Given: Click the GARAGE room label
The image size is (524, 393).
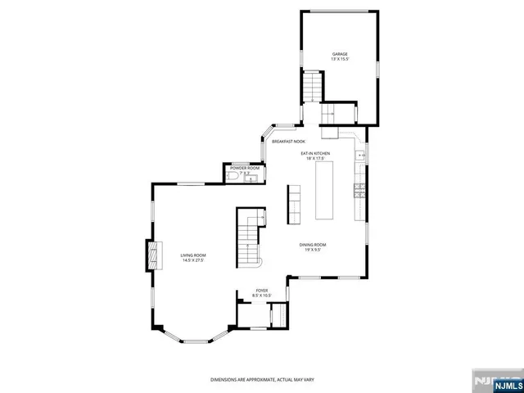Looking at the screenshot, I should click(x=339, y=53).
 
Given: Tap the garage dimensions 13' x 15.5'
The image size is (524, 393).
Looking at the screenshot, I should click(x=339, y=59).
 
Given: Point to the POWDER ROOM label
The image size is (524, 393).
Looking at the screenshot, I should click(x=244, y=167).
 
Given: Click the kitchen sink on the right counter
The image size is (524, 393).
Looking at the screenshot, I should click(x=360, y=154).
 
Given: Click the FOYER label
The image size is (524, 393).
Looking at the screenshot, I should click(x=262, y=290).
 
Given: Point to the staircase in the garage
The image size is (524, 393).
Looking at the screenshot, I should click(x=312, y=85).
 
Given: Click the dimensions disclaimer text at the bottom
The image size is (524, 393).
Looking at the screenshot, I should click(x=261, y=380).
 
